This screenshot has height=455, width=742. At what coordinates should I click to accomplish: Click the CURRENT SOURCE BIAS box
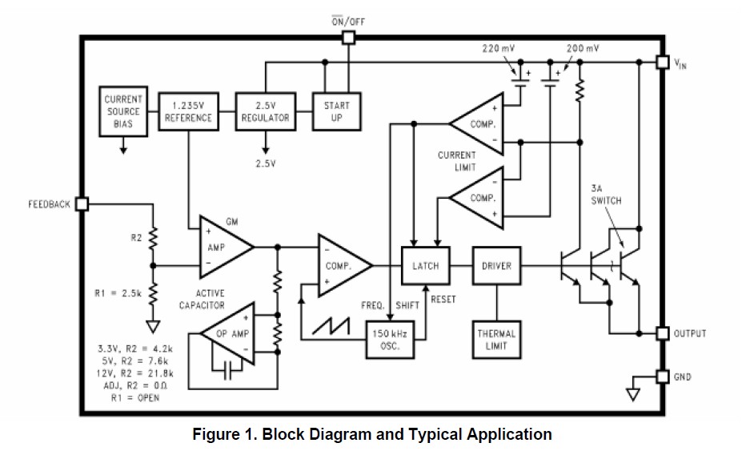click(122, 111)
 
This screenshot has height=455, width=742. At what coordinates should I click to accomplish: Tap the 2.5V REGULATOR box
click(265, 111)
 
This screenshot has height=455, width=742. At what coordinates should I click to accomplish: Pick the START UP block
click(336, 111)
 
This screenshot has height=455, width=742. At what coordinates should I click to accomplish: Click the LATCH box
click(425, 266)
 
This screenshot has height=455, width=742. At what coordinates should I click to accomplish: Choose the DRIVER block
click(496, 266)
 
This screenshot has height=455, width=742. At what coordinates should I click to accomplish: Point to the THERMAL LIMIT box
click(496, 340)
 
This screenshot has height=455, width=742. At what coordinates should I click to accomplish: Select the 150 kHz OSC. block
click(390, 340)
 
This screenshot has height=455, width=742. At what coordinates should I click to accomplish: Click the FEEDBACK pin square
click(81, 204)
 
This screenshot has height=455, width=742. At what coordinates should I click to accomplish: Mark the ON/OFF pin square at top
click(347, 38)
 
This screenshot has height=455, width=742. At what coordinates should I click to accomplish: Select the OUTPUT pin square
click(661, 332)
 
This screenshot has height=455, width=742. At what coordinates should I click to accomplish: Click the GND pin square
click(661, 376)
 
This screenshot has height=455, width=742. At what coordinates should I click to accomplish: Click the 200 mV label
click(582, 48)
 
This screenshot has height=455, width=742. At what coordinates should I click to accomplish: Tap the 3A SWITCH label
click(605, 195)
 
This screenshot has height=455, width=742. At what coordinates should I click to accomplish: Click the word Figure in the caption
click(216, 435)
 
